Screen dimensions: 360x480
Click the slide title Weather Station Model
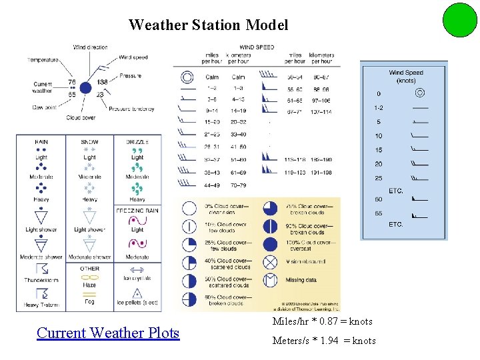(x=208, y=25)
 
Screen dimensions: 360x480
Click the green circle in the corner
(x=459, y=20)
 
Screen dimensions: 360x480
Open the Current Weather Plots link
(x=108, y=333)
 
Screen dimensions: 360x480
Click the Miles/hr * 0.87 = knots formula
(x=322, y=321)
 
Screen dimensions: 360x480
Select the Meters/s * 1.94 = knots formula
(x=324, y=341)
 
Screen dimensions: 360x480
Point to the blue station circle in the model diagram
(x=85, y=87)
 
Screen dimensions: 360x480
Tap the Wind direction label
(x=90, y=47)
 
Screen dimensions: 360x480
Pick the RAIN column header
(x=41, y=141)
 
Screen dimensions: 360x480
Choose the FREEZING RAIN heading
(x=137, y=211)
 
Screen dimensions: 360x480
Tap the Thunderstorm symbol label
(x=41, y=280)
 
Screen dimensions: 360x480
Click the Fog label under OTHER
(x=89, y=301)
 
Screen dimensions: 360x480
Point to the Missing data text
(x=301, y=280)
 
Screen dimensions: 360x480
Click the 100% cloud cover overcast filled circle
(x=270, y=245)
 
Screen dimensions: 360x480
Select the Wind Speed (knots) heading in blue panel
(x=406, y=76)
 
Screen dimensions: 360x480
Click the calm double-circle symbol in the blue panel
(x=420, y=93)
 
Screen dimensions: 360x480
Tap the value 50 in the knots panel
(x=378, y=199)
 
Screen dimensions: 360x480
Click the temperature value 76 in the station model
(x=72, y=83)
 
